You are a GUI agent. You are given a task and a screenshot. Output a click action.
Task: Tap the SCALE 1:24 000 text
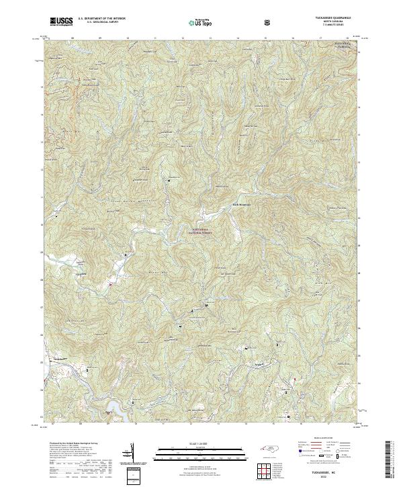[201, 443]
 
